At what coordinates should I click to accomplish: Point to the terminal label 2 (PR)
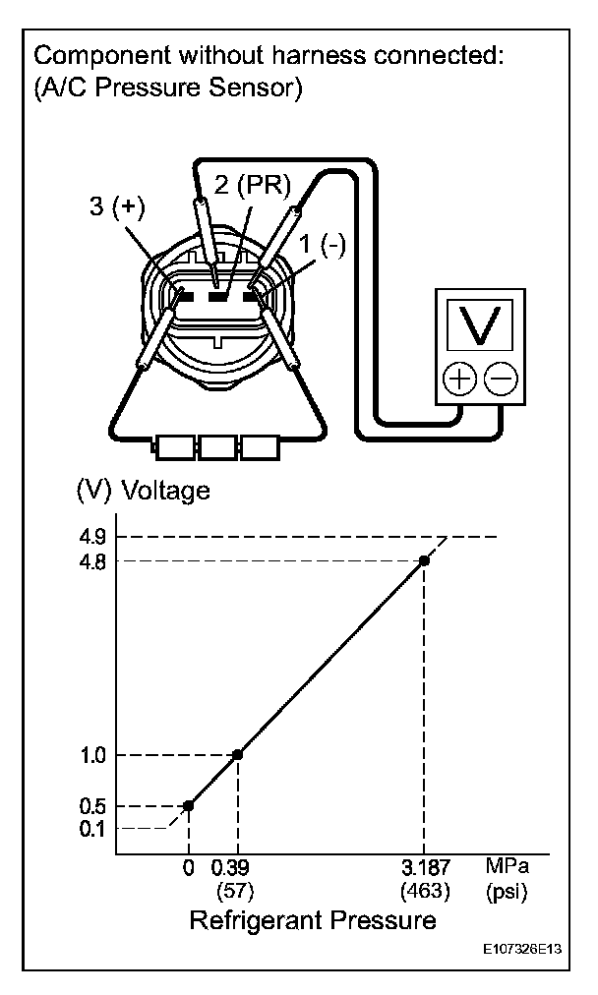pos(252,187)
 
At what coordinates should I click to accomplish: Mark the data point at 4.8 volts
pos(424,559)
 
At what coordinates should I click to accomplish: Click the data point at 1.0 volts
pos(237,754)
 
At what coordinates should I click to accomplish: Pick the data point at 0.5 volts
pos(188,805)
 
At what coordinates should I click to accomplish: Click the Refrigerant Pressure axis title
pos(312,921)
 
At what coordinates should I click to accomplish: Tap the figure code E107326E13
pos(524,952)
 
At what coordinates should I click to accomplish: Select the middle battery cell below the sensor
pos(217,449)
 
